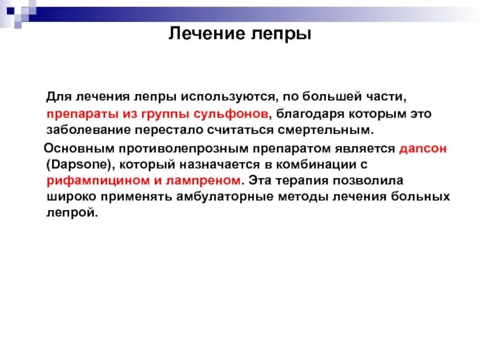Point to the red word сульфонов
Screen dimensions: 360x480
(233, 113)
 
